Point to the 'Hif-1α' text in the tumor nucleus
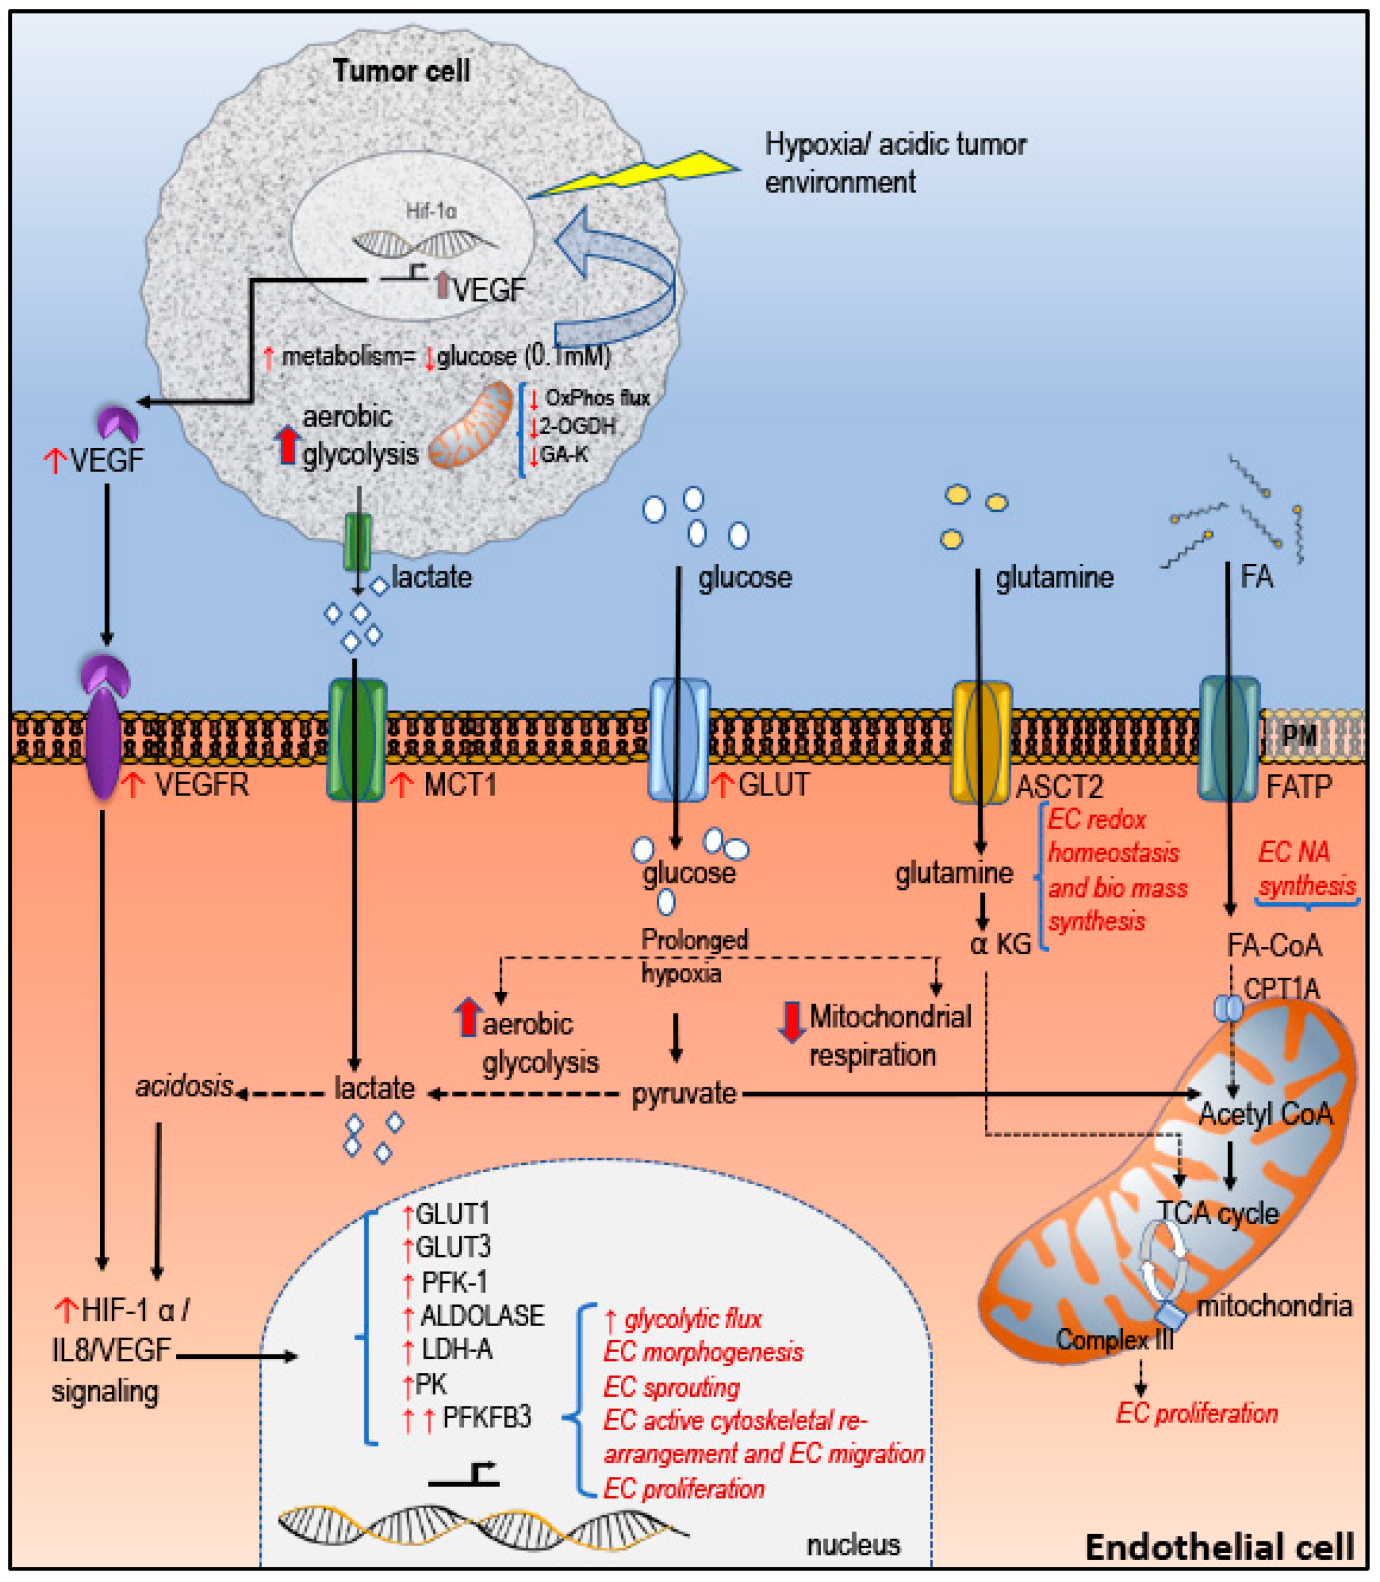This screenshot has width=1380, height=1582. tap(431, 210)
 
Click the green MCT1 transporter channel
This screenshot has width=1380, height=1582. tap(357, 740)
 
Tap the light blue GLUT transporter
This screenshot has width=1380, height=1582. tap(679, 740)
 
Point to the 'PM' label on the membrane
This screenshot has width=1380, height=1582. tap(1299, 735)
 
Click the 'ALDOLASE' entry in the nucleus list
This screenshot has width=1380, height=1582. tap(482, 1316)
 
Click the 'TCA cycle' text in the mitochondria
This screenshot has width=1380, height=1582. tap(1218, 1214)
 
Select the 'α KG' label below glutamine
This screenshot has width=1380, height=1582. tap(1000, 944)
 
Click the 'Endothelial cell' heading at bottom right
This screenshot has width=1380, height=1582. tap(1219, 1547)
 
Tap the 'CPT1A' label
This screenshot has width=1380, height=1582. tap(1281, 989)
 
